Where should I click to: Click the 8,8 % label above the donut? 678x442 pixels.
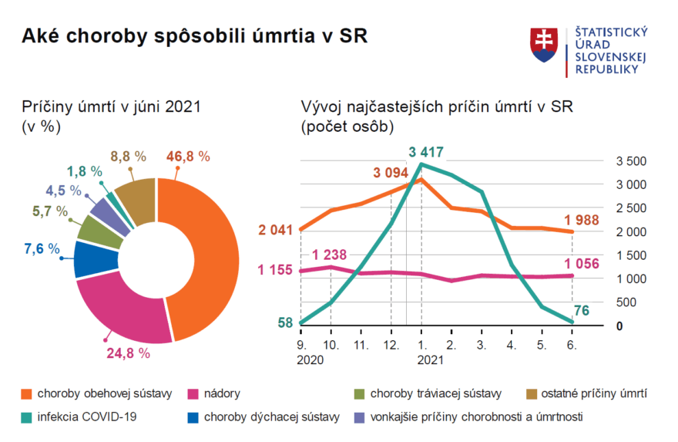[128, 156]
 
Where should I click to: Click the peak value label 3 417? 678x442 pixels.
[426, 152]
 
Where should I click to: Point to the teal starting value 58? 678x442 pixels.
[284, 322]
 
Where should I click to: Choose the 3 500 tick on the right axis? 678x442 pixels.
[630, 161]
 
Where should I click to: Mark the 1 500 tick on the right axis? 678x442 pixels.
[630, 255]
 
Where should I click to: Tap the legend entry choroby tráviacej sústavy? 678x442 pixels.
[435, 394]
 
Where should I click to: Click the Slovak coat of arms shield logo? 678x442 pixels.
[544, 45]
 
